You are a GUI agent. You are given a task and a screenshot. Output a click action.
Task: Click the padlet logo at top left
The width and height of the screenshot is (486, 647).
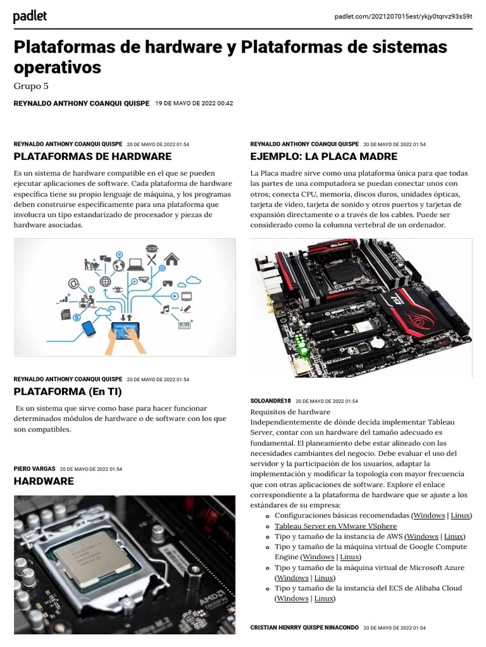pos(30,16)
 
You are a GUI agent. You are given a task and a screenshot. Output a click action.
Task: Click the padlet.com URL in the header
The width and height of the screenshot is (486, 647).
pos(403,16)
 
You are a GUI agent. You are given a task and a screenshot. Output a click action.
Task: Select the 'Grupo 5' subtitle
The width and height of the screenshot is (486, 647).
pos(31,86)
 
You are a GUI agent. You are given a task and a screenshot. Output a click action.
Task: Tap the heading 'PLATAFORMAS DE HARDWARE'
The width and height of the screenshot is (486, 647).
pos(92,156)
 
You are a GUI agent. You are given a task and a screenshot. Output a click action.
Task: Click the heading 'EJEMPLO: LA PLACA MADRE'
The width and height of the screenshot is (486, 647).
pos(324,156)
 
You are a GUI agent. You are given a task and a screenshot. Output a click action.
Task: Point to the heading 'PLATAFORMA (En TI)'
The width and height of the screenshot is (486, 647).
pos(68,392)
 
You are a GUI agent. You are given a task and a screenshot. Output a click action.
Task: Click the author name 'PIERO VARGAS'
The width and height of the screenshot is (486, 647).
pos(34,469)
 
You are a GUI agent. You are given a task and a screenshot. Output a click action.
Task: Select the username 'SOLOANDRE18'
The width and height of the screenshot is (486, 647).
pos(271,401)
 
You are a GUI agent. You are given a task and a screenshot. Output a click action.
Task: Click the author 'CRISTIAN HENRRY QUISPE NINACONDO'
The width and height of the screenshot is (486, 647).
pos(304,627)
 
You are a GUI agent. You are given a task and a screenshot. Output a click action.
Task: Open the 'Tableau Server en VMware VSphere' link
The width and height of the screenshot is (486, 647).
pos(335,526)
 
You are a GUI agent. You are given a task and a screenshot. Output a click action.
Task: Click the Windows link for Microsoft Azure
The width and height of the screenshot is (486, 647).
pos(292,577)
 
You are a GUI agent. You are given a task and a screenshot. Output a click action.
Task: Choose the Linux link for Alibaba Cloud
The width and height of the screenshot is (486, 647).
pos(324,598)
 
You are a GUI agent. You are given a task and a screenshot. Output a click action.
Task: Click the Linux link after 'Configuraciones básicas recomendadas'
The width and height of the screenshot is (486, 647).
pos(460,516)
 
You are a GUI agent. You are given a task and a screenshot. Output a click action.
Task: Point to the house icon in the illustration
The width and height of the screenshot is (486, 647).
pos(171,258)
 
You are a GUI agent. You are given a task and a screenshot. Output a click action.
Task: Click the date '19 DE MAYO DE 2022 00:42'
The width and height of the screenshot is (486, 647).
pos(194,103)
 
